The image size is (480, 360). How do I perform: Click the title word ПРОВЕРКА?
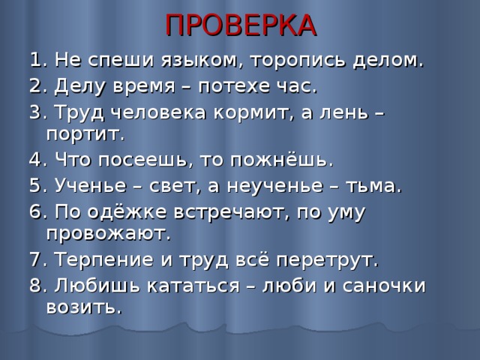(240, 24)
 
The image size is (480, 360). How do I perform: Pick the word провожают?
(108, 234)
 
